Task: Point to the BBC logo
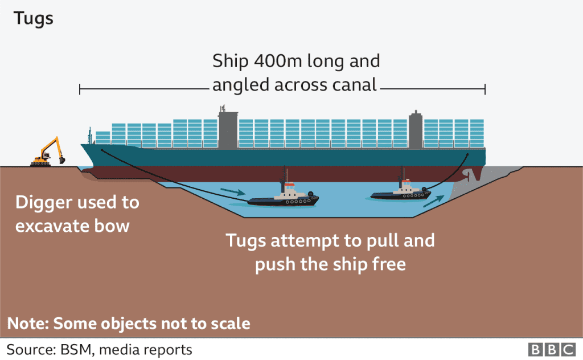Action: click(552, 349)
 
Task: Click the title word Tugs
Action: click(34, 18)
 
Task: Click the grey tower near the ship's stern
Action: click(416, 130)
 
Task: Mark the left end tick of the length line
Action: click(80, 89)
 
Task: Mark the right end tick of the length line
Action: click(485, 89)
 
